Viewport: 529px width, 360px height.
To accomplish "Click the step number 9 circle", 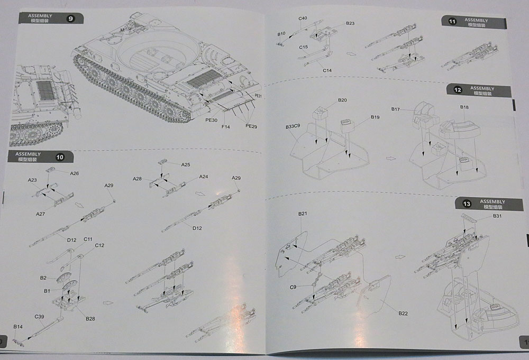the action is pyautogui.click(x=71, y=18).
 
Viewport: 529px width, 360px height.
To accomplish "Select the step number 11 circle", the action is pyautogui.click(x=452, y=22).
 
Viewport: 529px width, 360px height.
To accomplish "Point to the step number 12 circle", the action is pyautogui.click(x=458, y=90).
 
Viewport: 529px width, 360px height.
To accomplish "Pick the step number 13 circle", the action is pyautogui.click(x=466, y=204).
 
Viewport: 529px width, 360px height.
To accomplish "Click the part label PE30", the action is pyautogui.click(x=212, y=121).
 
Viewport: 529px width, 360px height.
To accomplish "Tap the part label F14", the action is pyautogui.click(x=226, y=127).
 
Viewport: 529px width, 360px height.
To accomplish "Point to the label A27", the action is pyautogui.click(x=40, y=214).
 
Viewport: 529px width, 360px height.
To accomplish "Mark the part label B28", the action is pyautogui.click(x=89, y=318).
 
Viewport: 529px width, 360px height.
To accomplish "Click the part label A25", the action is pyautogui.click(x=186, y=164).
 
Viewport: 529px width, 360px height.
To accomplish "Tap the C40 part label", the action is pyautogui.click(x=303, y=19).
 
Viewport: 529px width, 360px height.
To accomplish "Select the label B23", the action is pyautogui.click(x=350, y=23).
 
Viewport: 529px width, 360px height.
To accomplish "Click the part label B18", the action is pyautogui.click(x=464, y=107).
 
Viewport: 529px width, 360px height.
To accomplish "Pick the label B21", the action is pyautogui.click(x=303, y=214).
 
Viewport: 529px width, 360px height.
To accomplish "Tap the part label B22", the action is pyautogui.click(x=403, y=313).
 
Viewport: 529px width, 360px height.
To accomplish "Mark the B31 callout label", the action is pyautogui.click(x=497, y=217).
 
